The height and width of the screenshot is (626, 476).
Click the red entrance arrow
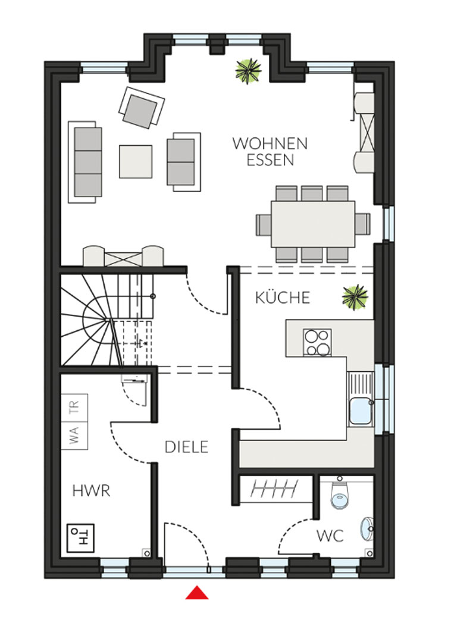pos(197,593)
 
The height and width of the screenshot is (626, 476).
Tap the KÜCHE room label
pos(283,298)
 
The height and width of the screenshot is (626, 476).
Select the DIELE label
pos(186,447)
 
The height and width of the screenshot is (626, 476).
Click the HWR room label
pos(91,491)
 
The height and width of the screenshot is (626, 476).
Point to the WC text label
pos(330,536)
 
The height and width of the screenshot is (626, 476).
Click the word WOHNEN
pos(270,143)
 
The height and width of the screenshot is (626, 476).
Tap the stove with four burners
pos(318,342)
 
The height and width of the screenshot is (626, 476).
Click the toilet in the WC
pos(340,493)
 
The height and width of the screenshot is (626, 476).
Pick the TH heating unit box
pos(80,538)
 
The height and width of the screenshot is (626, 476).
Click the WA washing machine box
pos(74,435)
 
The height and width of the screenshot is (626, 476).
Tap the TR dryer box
pos(74,408)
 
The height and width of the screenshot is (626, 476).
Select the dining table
pos(313,224)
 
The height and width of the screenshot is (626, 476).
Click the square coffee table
pos(136,161)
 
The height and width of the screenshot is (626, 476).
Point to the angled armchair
pos(142,108)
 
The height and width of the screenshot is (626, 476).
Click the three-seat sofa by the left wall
pos(85,162)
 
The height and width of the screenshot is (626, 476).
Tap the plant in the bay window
pos(248,71)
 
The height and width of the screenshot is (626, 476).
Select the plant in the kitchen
pos(355,297)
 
